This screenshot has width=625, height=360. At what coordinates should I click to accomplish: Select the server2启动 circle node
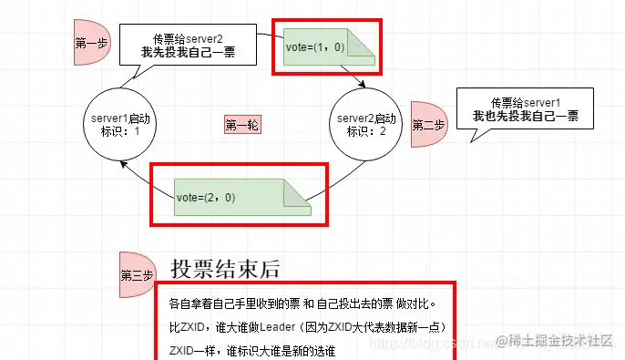click(367, 125)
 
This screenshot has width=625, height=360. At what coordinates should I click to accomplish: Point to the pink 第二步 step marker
click(426, 125)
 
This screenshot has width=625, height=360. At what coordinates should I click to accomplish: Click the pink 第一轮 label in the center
click(242, 126)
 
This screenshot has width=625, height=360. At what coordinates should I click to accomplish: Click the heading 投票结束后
click(224, 269)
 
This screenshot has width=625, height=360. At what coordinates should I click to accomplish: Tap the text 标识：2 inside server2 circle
click(367, 131)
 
